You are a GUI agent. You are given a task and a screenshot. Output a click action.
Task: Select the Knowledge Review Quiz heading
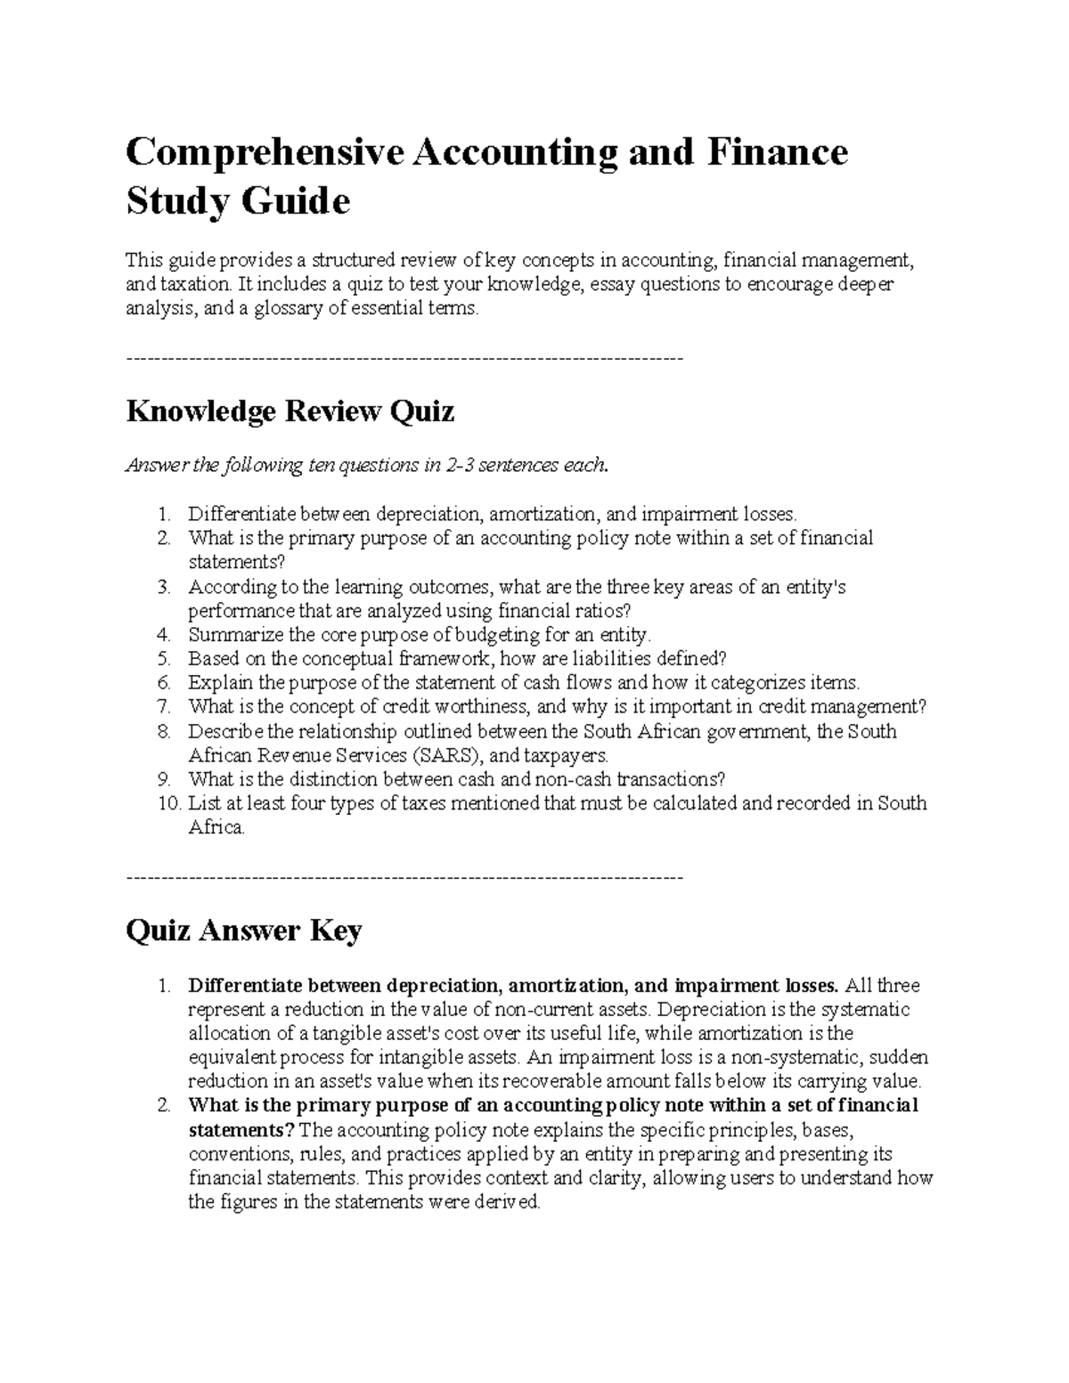(x=290, y=411)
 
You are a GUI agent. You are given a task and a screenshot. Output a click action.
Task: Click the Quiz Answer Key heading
(x=243, y=931)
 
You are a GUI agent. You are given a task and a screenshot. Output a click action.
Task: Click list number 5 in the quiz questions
(x=163, y=659)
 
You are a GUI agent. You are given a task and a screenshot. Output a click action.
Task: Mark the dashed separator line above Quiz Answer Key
(x=405, y=878)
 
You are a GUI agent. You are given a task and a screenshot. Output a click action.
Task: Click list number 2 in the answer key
(x=163, y=1106)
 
